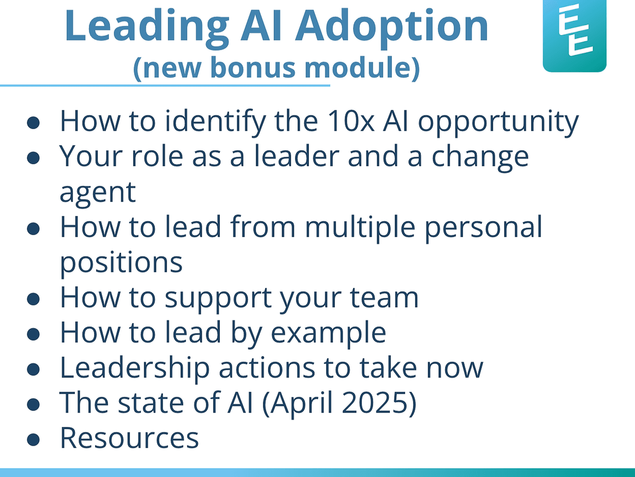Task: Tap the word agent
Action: click(98, 193)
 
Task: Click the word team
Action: click(384, 298)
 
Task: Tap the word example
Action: click(328, 334)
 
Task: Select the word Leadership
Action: click(135, 369)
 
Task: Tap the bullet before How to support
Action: click(33, 299)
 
